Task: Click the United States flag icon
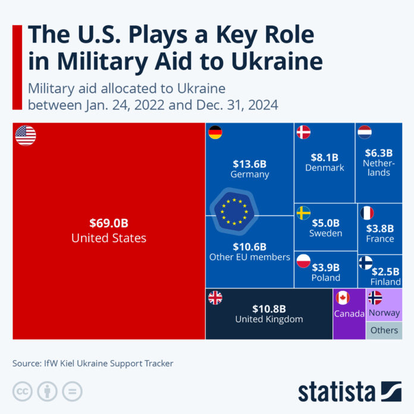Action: coord(26,135)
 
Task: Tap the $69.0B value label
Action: coord(109,224)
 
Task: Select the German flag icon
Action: coord(215,133)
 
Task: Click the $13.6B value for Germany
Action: coord(250,162)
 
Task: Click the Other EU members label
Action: coord(250,257)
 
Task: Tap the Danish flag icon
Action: coord(303,132)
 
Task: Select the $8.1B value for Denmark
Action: coord(324,158)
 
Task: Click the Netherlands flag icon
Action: coord(365,132)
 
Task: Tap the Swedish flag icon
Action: coord(303,212)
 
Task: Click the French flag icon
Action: coord(367,213)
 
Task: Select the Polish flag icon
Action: coord(303,260)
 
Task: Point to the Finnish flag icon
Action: coord(366,262)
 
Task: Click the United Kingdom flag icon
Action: coord(215,298)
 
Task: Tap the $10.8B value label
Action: coord(269,309)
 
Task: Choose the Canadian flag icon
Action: coord(342,298)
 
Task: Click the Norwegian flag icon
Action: coord(375,298)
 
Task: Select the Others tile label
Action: coord(384,330)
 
